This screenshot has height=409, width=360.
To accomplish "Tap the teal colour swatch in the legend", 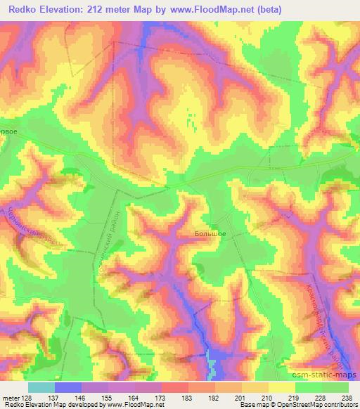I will [x=41, y=387].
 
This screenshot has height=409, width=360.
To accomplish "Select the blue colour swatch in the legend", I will [x=68, y=387].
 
